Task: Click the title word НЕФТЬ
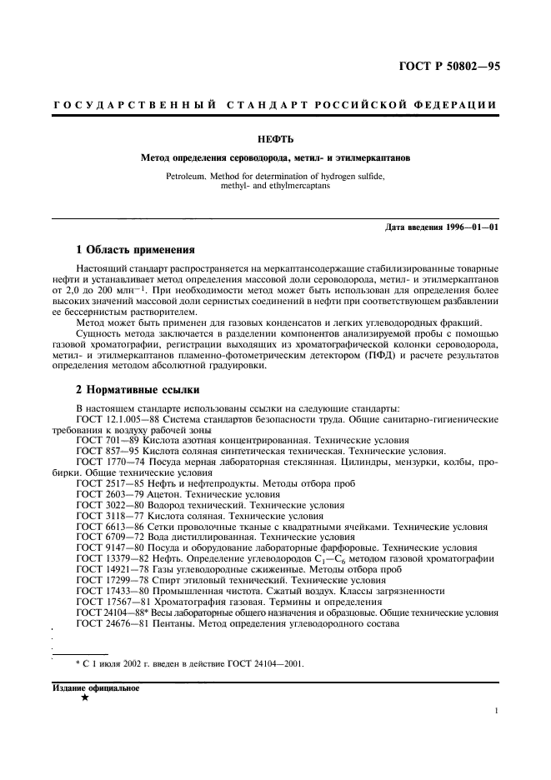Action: pos(275,140)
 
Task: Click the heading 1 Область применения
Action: pos(136,248)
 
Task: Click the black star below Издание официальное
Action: pos(85,698)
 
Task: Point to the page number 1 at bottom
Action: pos(496,712)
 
